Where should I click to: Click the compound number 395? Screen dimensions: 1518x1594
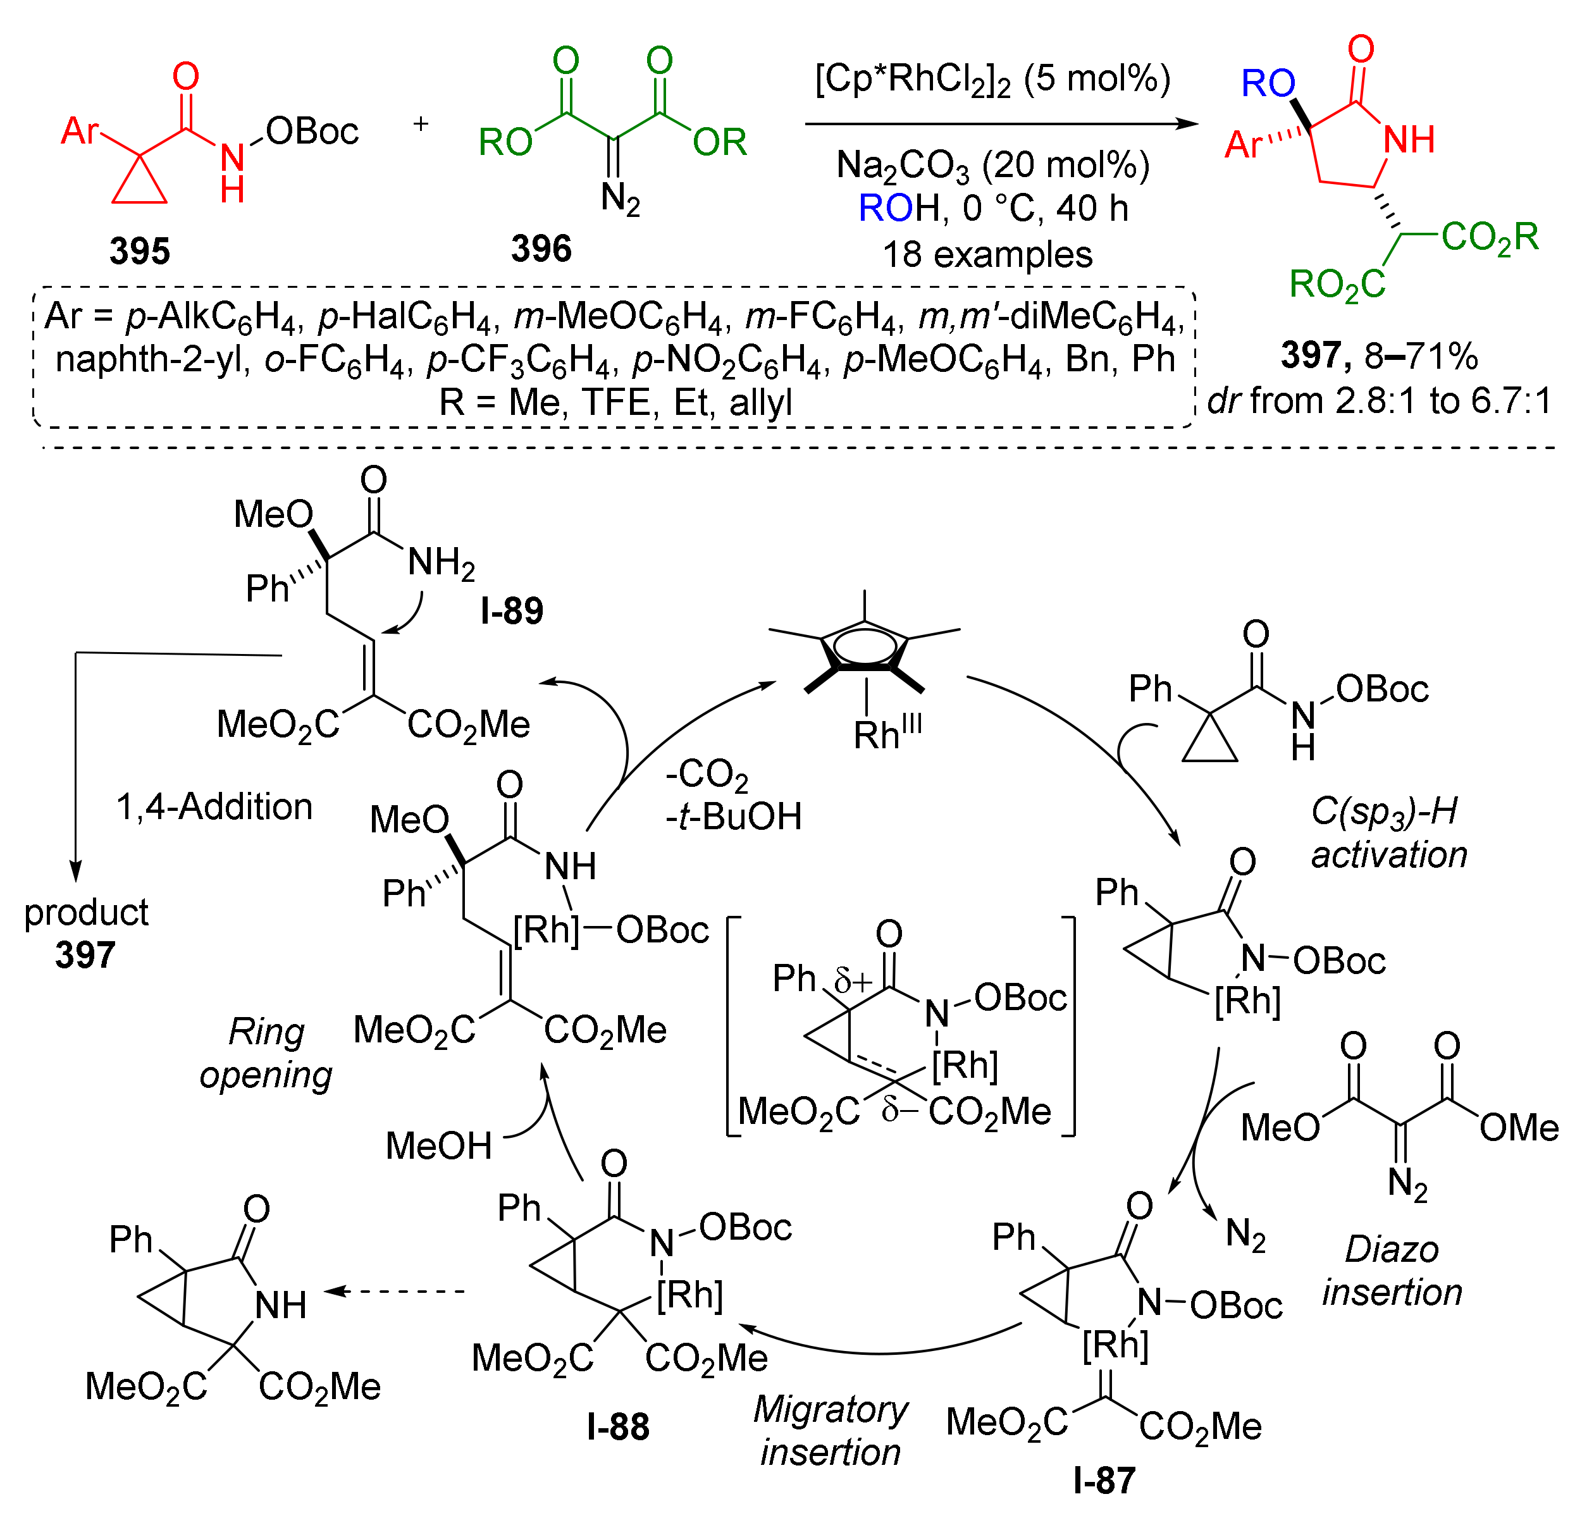coord(139,251)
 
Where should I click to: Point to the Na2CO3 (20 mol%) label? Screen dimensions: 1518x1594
coord(992,166)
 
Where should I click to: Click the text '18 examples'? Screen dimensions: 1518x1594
coord(987,255)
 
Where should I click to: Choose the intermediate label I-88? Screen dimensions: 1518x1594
coord(618,1426)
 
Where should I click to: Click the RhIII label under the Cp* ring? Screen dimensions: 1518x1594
coord(887,733)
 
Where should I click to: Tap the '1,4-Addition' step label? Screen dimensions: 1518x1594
coord(214,806)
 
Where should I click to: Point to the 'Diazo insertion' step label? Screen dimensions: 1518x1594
coord(1392,1271)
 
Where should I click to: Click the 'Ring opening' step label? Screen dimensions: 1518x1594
coord(266,1054)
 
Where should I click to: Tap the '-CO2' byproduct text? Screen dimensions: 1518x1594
coord(707,774)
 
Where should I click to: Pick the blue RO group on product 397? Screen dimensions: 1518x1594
coord(1268,83)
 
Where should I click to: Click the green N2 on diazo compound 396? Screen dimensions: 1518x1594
coord(620,198)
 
